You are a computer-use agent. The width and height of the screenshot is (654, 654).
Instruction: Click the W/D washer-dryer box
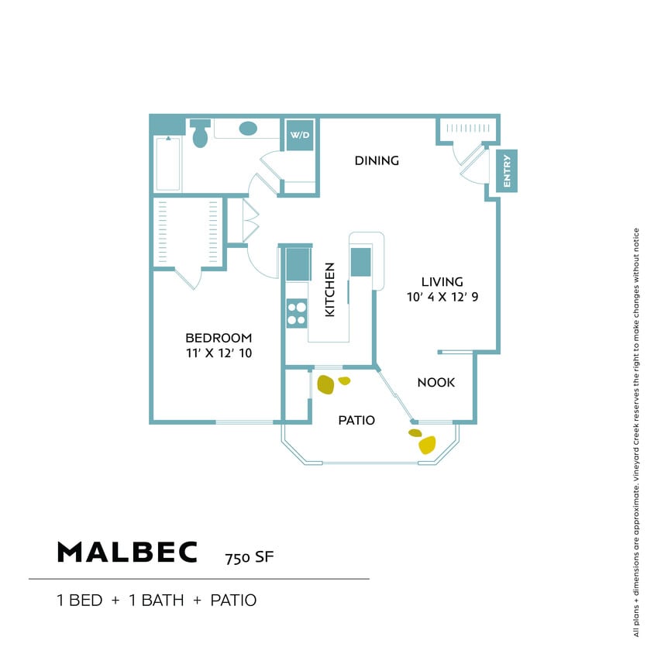(x=299, y=135)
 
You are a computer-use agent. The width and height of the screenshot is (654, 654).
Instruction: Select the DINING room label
(x=377, y=161)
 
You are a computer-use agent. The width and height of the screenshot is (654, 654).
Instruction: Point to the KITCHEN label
(x=329, y=289)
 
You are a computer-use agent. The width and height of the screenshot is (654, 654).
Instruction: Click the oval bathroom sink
(x=248, y=129)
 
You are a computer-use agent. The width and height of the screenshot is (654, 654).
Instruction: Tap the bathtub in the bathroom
(x=168, y=163)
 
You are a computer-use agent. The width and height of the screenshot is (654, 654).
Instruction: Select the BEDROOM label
(x=219, y=338)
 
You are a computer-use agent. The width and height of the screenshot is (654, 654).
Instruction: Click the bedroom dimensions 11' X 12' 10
(x=219, y=353)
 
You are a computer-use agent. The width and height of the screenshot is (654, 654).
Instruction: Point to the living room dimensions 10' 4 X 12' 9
(x=442, y=297)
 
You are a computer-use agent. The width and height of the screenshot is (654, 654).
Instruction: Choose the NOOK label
(x=435, y=383)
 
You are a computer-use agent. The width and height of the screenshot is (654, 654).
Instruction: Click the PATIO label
(x=356, y=421)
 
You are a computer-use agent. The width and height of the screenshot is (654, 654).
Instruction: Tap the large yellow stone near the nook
(x=427, y=445)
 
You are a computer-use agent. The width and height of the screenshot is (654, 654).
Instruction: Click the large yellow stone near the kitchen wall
(x=326, y=384)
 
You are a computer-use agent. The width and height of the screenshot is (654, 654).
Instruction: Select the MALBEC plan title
(x=127, y=552)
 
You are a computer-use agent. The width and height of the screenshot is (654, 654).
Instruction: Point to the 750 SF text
(x=250, y=557)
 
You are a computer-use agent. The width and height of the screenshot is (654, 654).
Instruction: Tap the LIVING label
(x=442, y=281)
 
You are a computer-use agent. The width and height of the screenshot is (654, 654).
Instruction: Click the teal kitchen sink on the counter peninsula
(x=361, y=261)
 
